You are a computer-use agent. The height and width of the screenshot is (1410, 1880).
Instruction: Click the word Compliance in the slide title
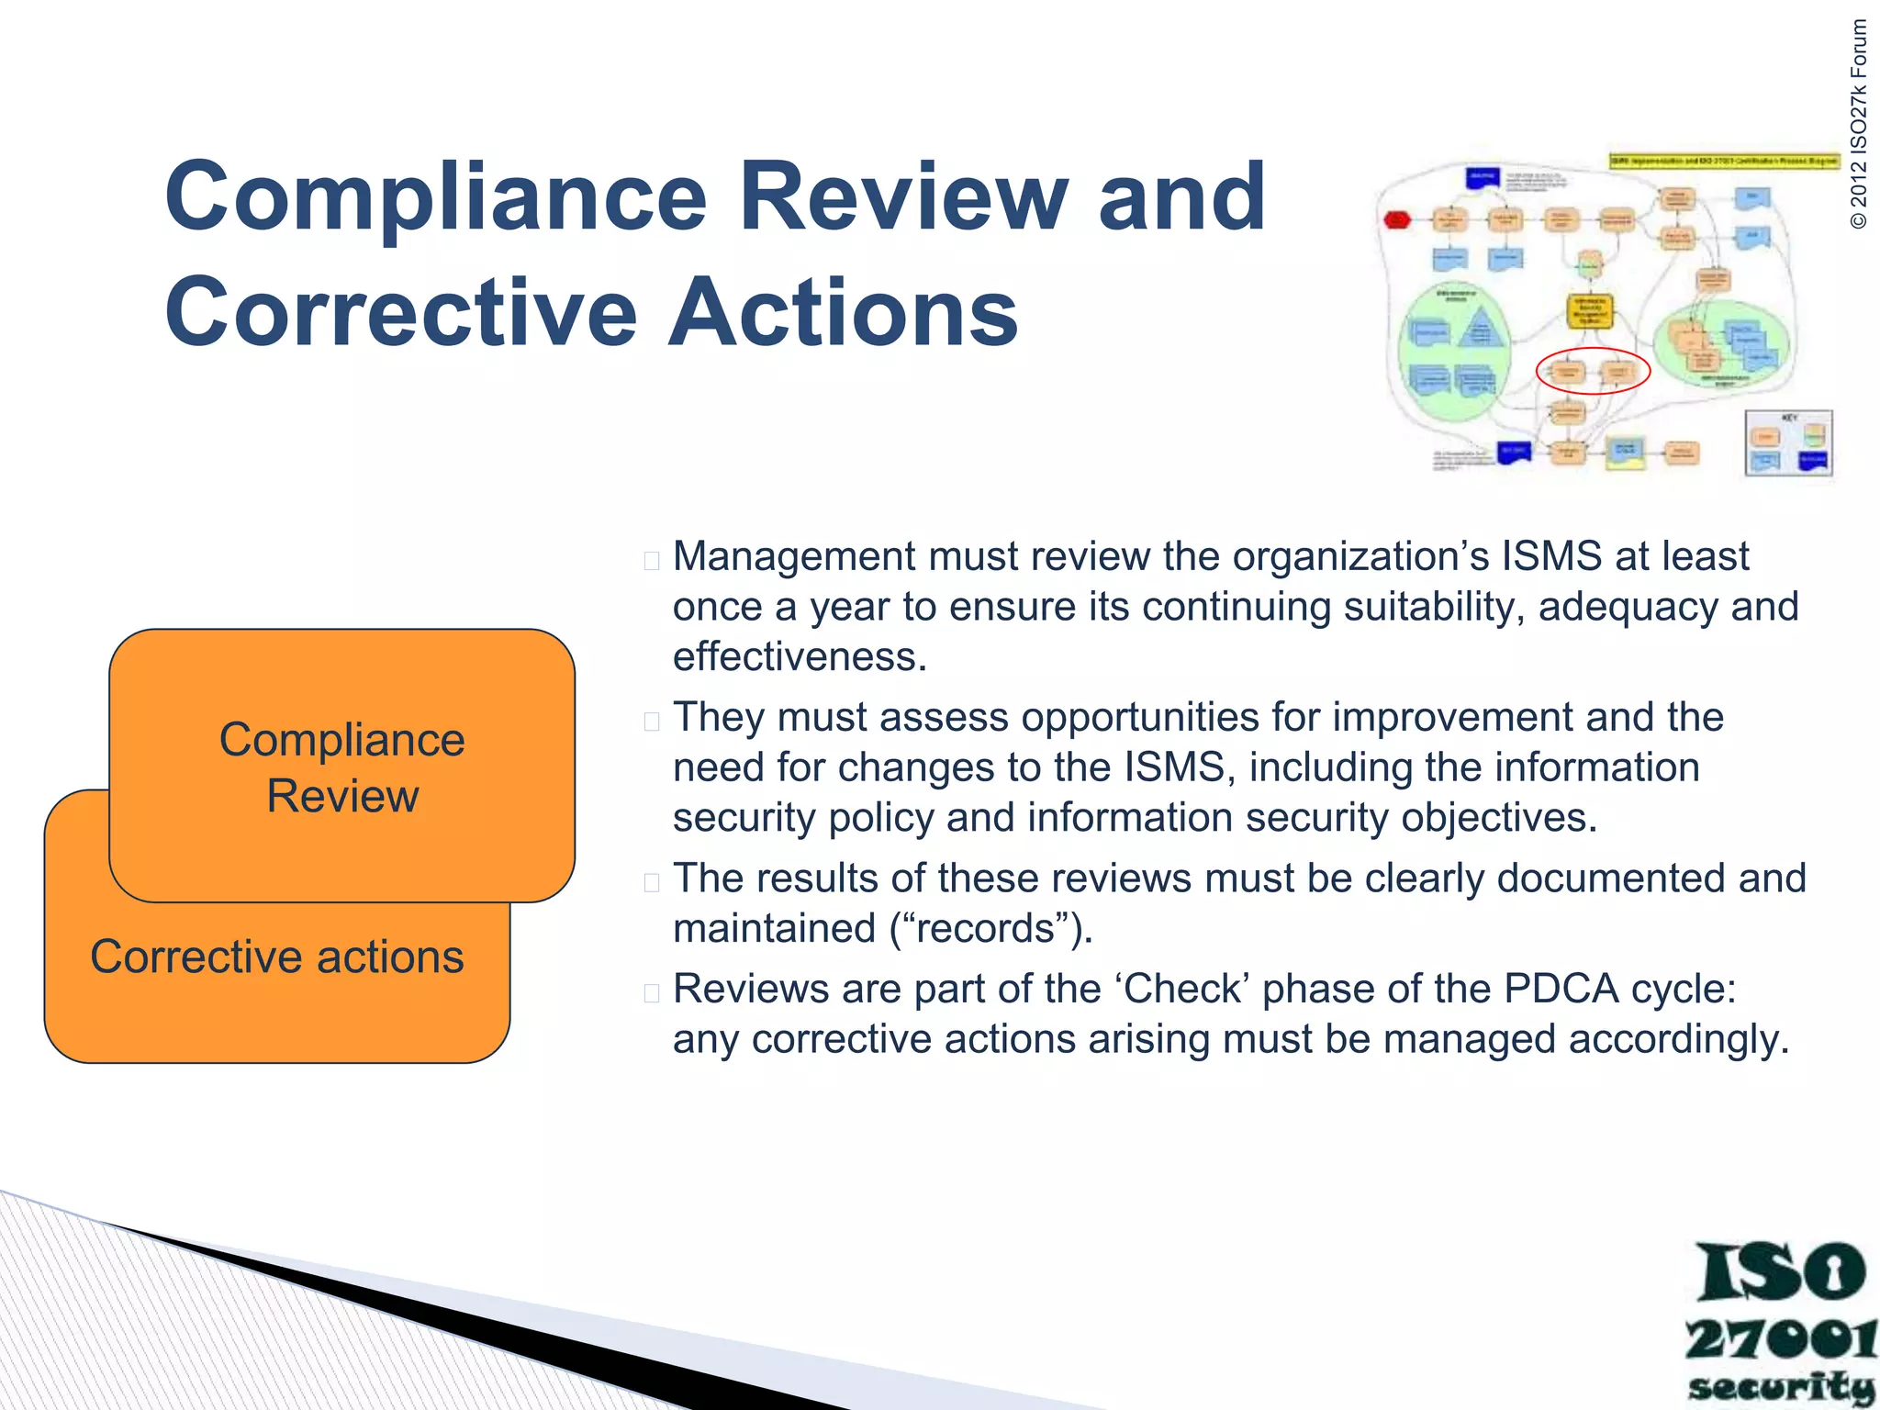click(435, 198)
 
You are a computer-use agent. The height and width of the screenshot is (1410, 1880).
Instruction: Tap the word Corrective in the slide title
click(400, 314)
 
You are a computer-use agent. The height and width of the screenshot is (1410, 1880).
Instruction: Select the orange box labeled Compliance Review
click(341, 766)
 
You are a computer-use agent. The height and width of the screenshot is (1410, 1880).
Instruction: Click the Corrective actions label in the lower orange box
click(276, 957)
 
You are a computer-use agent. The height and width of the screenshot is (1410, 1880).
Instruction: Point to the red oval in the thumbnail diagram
click(1593, 371)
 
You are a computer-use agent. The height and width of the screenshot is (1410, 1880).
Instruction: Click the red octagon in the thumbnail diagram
click(1397, 220)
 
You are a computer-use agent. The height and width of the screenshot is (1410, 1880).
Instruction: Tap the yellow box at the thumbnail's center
click(1589, 311)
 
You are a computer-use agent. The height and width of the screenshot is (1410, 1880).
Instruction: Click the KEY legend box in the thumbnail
click(1788, 443)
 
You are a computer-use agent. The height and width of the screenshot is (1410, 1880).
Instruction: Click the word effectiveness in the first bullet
click(800, 657)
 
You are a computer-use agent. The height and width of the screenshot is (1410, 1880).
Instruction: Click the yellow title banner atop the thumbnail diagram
click(1724, 161)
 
